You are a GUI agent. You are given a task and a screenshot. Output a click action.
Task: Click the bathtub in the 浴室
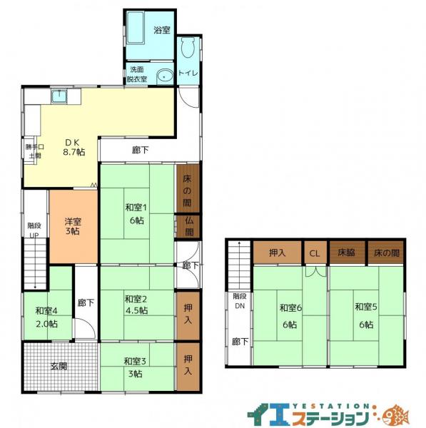(x=136, y=28)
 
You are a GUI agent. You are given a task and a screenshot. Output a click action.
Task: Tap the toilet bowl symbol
(x=188, y=48)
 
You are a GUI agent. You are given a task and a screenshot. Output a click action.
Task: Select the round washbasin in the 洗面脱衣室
(x=165, y=77)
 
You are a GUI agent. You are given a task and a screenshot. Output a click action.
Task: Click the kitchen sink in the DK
(x=59, y=96)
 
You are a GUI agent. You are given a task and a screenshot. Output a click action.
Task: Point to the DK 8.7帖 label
(x=74, y=147)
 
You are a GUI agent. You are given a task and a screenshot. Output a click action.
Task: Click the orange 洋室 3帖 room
(x=73, y=227)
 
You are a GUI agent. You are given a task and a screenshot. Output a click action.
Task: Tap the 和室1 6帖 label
(x=136, y=214)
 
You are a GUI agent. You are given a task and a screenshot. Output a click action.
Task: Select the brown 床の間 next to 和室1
(x=188, y=188)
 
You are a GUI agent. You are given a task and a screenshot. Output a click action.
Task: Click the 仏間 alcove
(x=188, y=226)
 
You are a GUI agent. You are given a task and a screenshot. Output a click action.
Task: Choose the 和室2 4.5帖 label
(x=136, y=305)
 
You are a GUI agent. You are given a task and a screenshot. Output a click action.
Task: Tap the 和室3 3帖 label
(x=135, y=367)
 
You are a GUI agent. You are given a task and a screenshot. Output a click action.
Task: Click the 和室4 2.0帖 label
(x=46, y=317)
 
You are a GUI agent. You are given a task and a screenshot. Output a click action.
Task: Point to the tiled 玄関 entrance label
(x=59, y=366)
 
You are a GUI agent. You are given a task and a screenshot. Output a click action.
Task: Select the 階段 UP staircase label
(x=34, y=230)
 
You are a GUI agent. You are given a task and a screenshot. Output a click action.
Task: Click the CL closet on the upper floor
(x=315, y=253)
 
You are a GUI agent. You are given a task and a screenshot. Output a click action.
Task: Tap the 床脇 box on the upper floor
(x=347, y=253)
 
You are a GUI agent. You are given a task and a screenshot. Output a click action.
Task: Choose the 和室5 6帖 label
(x=366, y=315)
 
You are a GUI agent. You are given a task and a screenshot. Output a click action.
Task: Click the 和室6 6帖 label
(x=290, y=316)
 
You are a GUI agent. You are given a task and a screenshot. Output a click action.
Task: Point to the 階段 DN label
(x=240, y=301)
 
